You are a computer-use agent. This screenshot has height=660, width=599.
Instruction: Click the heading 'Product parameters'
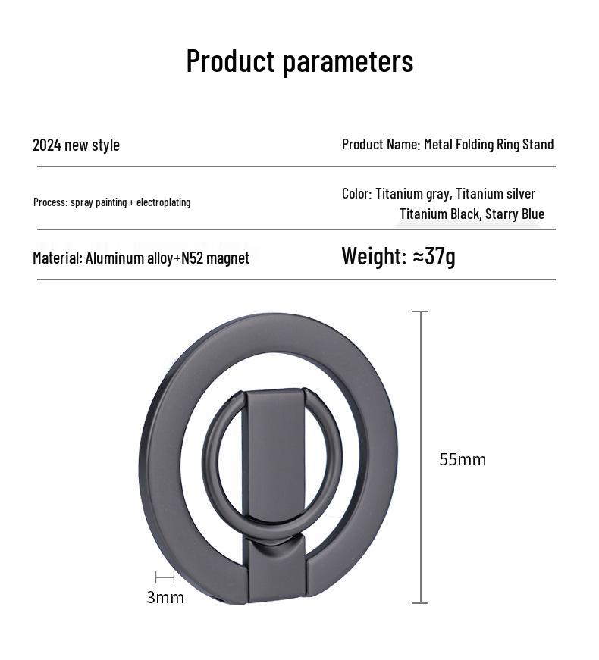[299, 61]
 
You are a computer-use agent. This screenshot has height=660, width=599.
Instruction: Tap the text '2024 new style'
[76, 145]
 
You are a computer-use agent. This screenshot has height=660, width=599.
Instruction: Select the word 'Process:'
[51, 202]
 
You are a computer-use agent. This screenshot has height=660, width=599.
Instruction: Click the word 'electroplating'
[163, 202]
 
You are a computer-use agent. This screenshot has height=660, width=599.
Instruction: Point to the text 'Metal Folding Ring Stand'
[488, 144]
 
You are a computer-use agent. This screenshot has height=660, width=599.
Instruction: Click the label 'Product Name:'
[381, 144]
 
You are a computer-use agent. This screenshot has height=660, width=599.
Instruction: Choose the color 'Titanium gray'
[412, 194]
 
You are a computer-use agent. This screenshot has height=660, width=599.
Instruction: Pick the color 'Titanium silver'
[495, 194]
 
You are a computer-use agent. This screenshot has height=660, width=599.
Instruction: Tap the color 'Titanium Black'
[439, 214]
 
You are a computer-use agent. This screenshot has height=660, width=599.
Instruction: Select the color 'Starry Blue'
[515, 214]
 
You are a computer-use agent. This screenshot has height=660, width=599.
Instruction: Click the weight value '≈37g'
[434, 256]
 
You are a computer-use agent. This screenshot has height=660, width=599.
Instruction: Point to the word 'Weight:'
[374, 256]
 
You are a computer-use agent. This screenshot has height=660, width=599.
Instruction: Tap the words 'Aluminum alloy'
[130, 258]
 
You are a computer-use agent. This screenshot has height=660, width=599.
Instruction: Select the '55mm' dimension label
[463, 459]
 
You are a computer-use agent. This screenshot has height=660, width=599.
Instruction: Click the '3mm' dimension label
[165, 597]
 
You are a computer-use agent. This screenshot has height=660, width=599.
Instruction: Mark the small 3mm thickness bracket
[165, 577]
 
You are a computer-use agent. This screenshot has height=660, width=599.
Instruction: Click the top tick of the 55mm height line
[420, 311]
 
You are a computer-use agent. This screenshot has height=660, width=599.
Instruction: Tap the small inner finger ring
[213, 455]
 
